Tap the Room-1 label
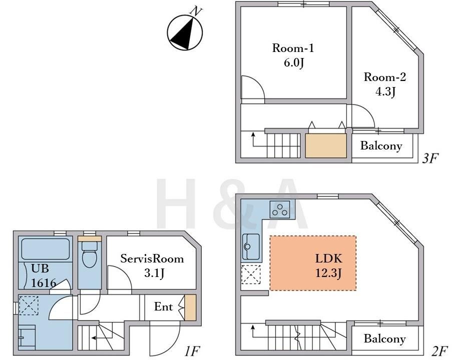coord(293,48)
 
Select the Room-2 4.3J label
coord(385,84)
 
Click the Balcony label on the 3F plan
coord(381,145)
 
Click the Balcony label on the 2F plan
coord(384,338)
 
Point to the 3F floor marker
coord(430,158)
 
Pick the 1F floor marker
coord(192,351)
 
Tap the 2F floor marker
coord(439,351)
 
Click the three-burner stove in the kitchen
coord(280,209)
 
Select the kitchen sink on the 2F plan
coord(251,246)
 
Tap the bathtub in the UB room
coord(46,248)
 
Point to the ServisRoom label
coord(152,258)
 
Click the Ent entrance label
coord(164,306)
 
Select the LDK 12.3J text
coord(329,265)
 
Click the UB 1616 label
coord(44,275)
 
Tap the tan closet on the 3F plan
coord(326,145)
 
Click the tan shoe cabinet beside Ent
coord(190,307)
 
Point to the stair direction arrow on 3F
coord(253,139)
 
